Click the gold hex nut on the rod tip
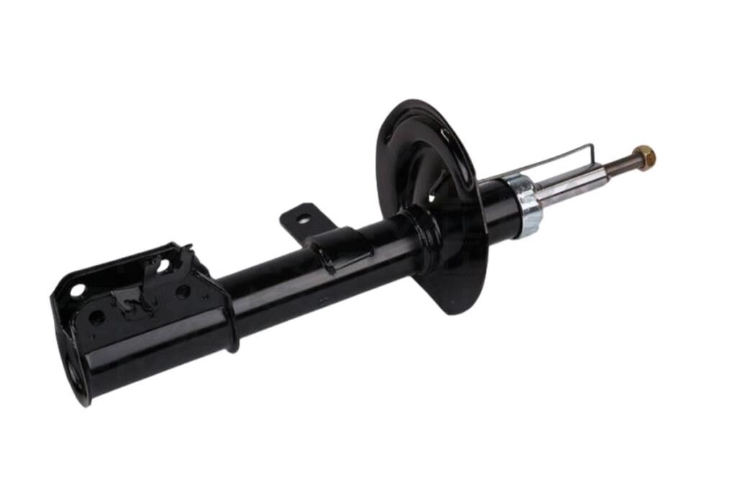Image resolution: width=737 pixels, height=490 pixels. [645, 155]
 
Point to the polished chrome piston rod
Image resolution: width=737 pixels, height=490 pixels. [569, 186]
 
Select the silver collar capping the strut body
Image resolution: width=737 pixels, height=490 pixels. [528, 205]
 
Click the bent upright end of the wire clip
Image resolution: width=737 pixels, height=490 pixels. [590, 153]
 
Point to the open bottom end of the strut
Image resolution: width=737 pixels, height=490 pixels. [73, 374]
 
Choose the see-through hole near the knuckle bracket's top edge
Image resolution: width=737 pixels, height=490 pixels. [163, 264]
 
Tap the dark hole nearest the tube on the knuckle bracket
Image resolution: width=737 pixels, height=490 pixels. [183, 291]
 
